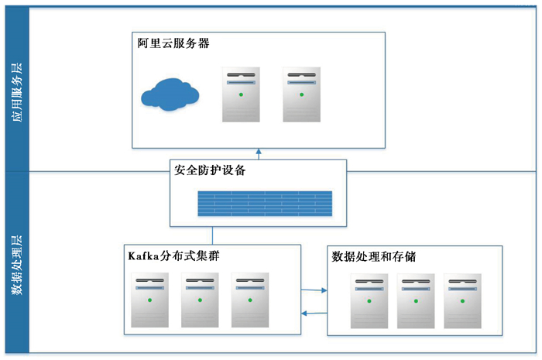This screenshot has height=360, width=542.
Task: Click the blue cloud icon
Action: pos(170,94)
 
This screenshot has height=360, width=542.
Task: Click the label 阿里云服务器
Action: pos(173,43)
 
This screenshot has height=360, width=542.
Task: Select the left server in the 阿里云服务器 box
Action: pos(241,94)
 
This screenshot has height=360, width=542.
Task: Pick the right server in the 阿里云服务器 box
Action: pos(302,94)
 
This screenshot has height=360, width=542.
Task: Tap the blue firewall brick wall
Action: pos(265,204)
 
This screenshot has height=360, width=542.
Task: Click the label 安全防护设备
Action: pos(210,170)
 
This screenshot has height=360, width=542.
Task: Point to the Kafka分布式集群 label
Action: pos(174,255)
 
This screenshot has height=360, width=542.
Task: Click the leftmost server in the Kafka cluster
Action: pos(149,300)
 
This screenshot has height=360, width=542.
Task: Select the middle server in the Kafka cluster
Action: pos(200,300)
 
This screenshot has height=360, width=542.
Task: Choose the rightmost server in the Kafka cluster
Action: pos(250,300)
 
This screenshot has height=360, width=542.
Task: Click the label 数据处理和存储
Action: pos(374,257)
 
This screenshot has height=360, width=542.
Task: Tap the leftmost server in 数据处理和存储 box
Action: pos(369,301)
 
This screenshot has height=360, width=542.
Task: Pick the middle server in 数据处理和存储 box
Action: pos(416,301)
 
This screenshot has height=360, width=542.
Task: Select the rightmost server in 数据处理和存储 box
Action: pos(462,301)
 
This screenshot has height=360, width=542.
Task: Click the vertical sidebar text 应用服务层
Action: pos(17,92)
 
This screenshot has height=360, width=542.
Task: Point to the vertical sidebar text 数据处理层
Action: pos(17,265)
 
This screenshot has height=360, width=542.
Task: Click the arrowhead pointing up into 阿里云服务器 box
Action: pos(259,151)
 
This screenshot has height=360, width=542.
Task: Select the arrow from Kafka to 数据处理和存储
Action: pos(314,290)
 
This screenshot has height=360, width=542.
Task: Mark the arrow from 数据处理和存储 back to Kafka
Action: pos(314,314)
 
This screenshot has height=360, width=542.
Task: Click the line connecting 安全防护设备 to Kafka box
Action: pos(212,235)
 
